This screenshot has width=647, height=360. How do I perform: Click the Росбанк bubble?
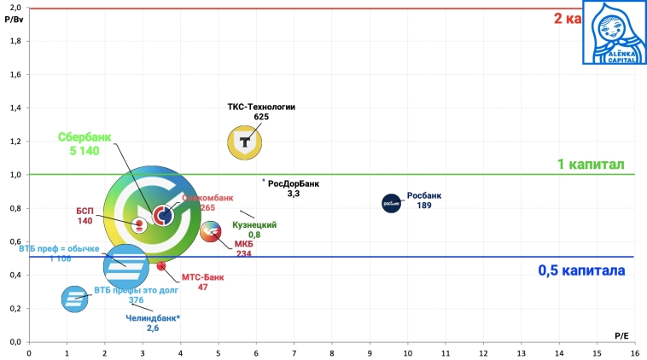pos(391,203)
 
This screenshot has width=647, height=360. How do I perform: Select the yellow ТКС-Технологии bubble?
pos(245,142)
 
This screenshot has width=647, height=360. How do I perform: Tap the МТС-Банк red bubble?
pos(161,266)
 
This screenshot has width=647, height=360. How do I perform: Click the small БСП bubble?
pos(138,225)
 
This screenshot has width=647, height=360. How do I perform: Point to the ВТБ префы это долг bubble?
pos(75,299)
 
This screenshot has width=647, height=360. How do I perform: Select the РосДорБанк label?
pos(293,183)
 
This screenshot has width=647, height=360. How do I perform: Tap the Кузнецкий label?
pos(254,224)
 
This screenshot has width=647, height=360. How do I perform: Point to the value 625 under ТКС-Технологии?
pos(261,117)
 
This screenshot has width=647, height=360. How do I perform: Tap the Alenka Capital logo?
pos(614,32)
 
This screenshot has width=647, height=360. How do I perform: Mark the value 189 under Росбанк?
pos(424,206)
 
